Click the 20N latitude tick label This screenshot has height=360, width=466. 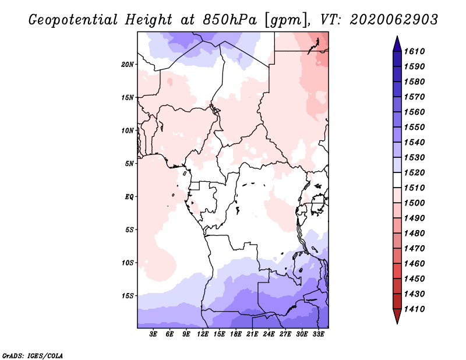click(x=128, y=65)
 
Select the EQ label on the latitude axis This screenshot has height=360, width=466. click(x=129, y=197)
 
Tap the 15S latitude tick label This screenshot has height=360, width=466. click(x=128, y=296)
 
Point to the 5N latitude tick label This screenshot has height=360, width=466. click(x=129, y=164)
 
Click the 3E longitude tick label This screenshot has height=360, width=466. click(x=153, y=334)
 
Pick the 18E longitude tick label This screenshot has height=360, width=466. click(x=236, y=334)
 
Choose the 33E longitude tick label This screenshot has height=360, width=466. click(x=318, y=334)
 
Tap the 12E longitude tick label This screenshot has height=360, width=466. click(x=203, y=334)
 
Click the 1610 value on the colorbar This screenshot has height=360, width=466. click(x=414, y=51)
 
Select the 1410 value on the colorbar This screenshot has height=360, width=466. click(x=414, y=309)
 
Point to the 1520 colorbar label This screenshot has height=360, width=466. click(x=414, y=172)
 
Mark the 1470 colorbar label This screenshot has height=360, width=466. click(x=414, y=248)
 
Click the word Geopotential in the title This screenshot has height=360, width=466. click(x=73, y=20)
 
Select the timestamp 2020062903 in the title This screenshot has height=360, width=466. click(x=394, y=20)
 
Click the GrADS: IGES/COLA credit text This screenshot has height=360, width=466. click(x=33, y=355)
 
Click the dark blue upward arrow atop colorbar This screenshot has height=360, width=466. click(x=397, y=44)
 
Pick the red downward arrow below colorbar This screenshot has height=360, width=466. click(x=397, y=316)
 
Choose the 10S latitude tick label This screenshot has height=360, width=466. click(x=128, y=263)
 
